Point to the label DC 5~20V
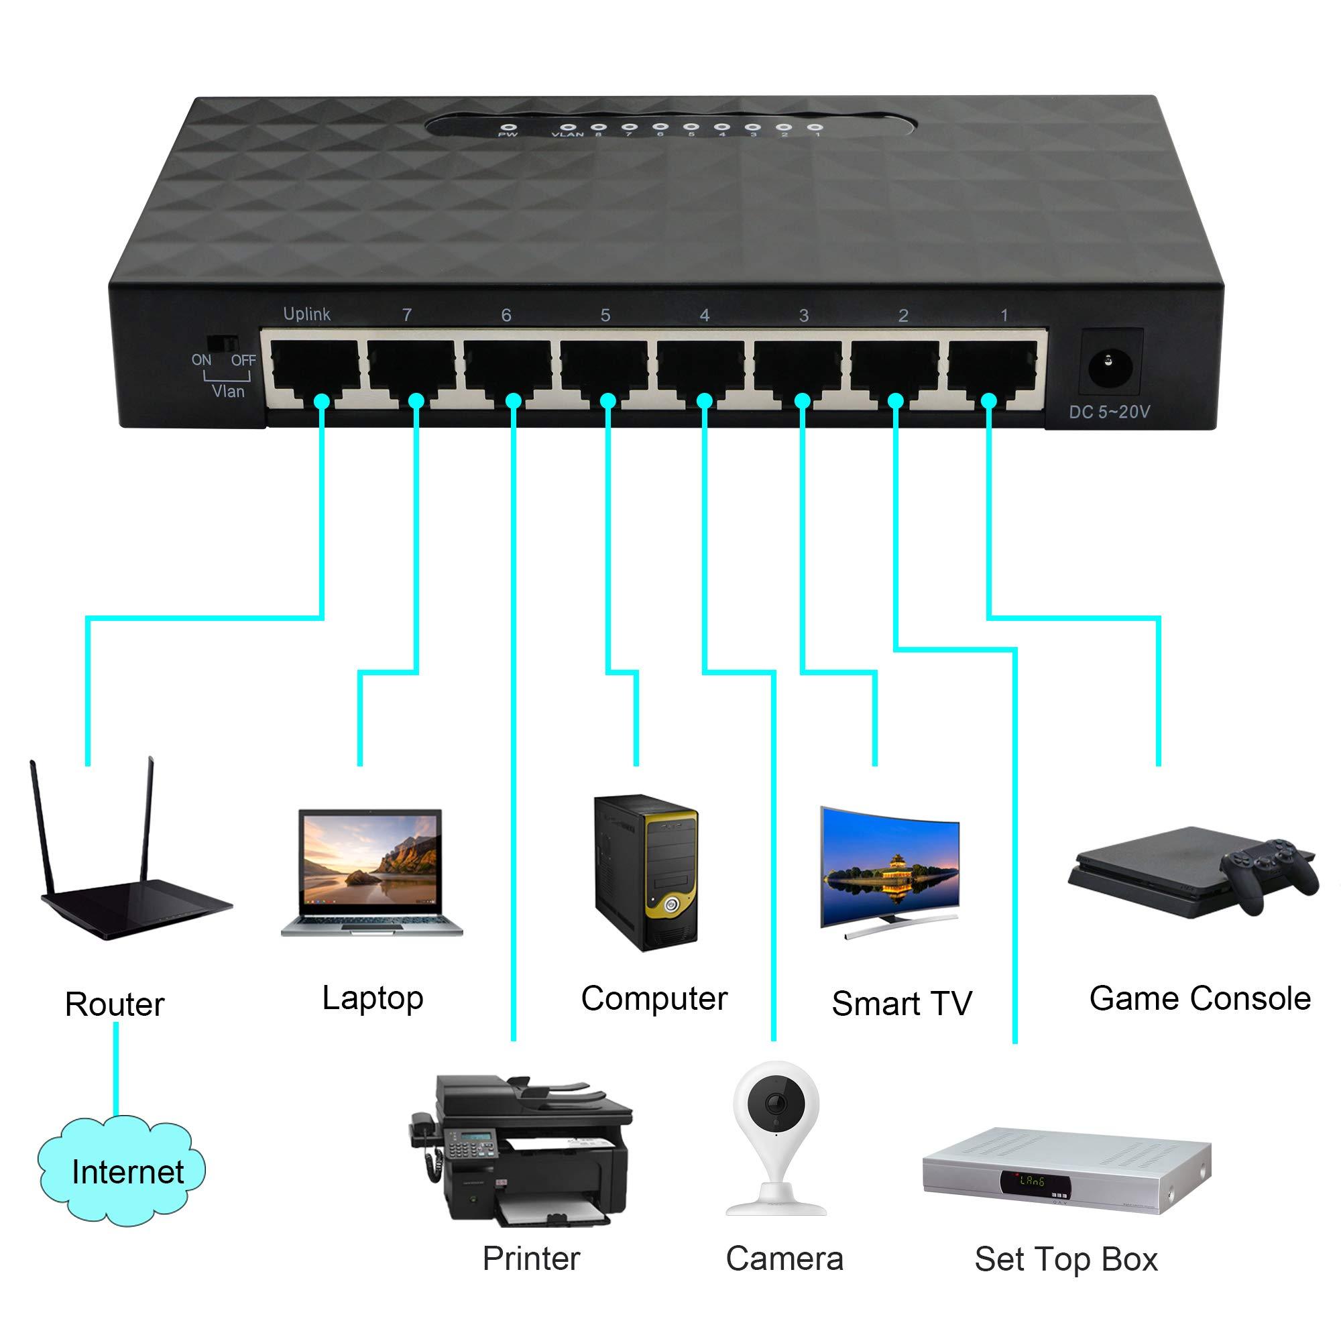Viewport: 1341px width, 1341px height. (1109, 412)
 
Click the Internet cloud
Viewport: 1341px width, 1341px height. (122, 1172)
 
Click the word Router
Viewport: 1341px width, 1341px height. (115, 1004)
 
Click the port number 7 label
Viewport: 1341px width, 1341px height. (407, 315)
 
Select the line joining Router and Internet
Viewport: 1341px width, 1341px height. (116, 1071)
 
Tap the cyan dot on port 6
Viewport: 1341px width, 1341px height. (513, 400)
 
